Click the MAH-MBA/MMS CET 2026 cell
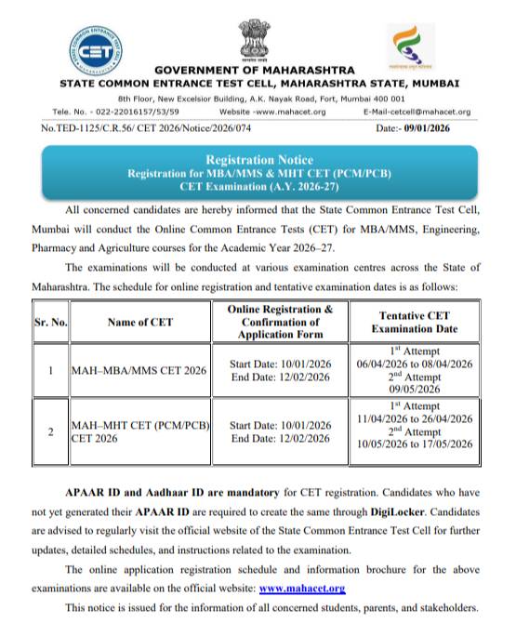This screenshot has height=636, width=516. coord(139,370)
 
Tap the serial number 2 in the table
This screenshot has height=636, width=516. coord(49,431)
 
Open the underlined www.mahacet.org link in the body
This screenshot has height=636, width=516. coord(302,589)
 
